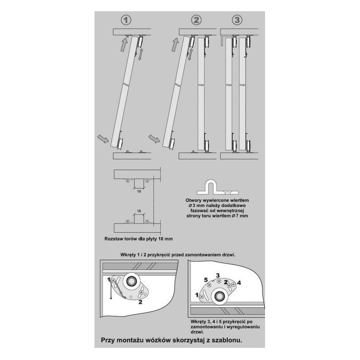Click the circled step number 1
tap(126, 20)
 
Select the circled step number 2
tap(196, 20)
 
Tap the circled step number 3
tap(237, 20)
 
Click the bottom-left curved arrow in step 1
tap(103, 139)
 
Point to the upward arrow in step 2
tap(175, 44)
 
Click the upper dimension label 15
tap(139, 191)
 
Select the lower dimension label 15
tap(139, 211)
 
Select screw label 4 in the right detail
tap(239, 283)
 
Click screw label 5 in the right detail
tap(206, 280)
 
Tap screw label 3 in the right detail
tap(218, 275)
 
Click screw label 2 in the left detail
tap(140, 302)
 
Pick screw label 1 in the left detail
tap(109, 280)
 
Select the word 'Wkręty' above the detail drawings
tap(128, 255)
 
